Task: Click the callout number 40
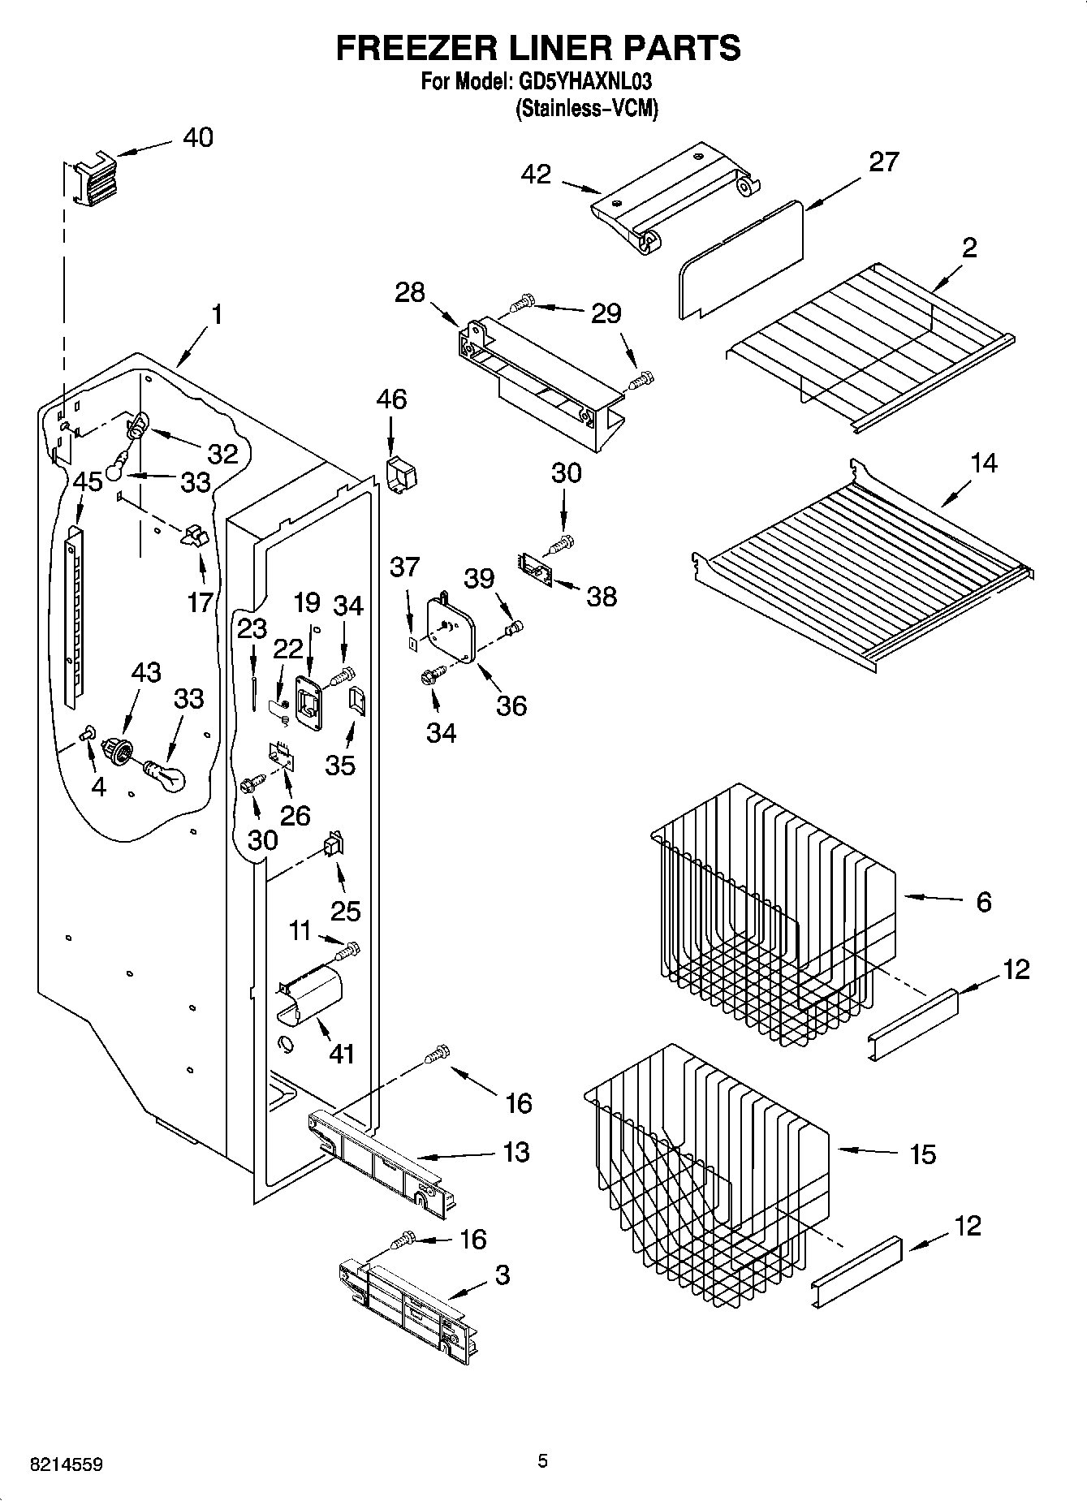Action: (x=197, y=138)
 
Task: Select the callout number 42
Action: (x=536, y=174)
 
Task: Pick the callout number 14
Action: (x=983, y=464)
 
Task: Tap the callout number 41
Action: (x=341, y=1054)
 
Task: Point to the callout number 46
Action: (x=391, y=399)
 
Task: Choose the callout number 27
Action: (x=883, y=162)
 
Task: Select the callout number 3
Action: (x=503, y=1275)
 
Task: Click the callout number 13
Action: (x=516, y=1153)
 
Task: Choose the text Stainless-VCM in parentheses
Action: (x=586, y=109)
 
